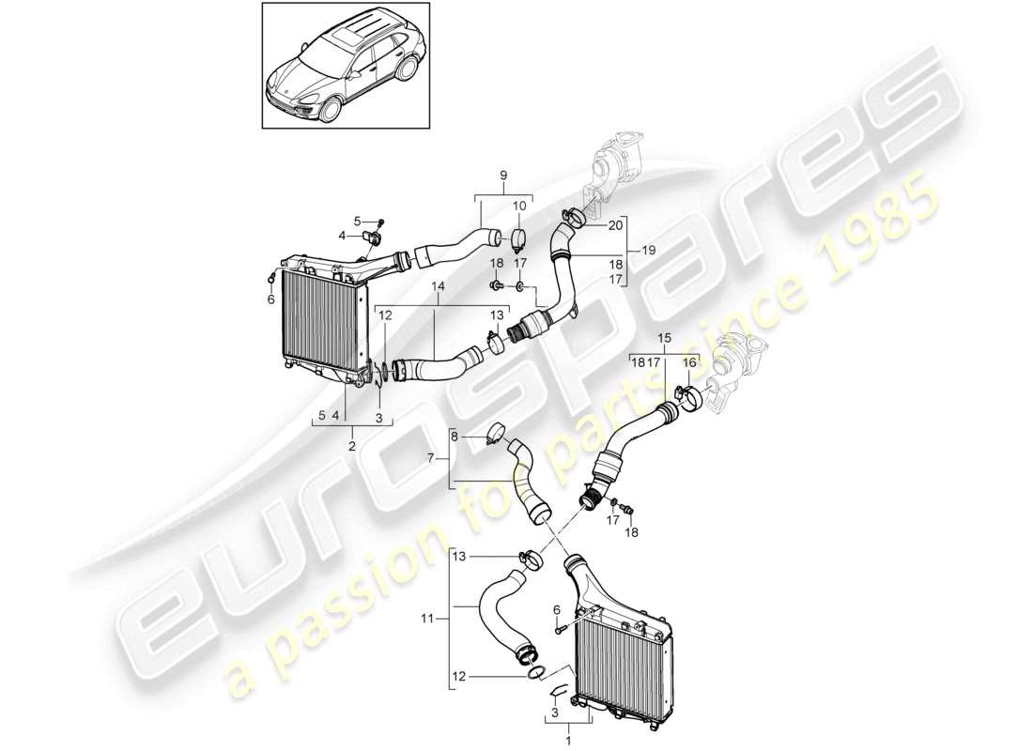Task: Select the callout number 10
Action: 519,206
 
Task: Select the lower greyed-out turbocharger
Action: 736,370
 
